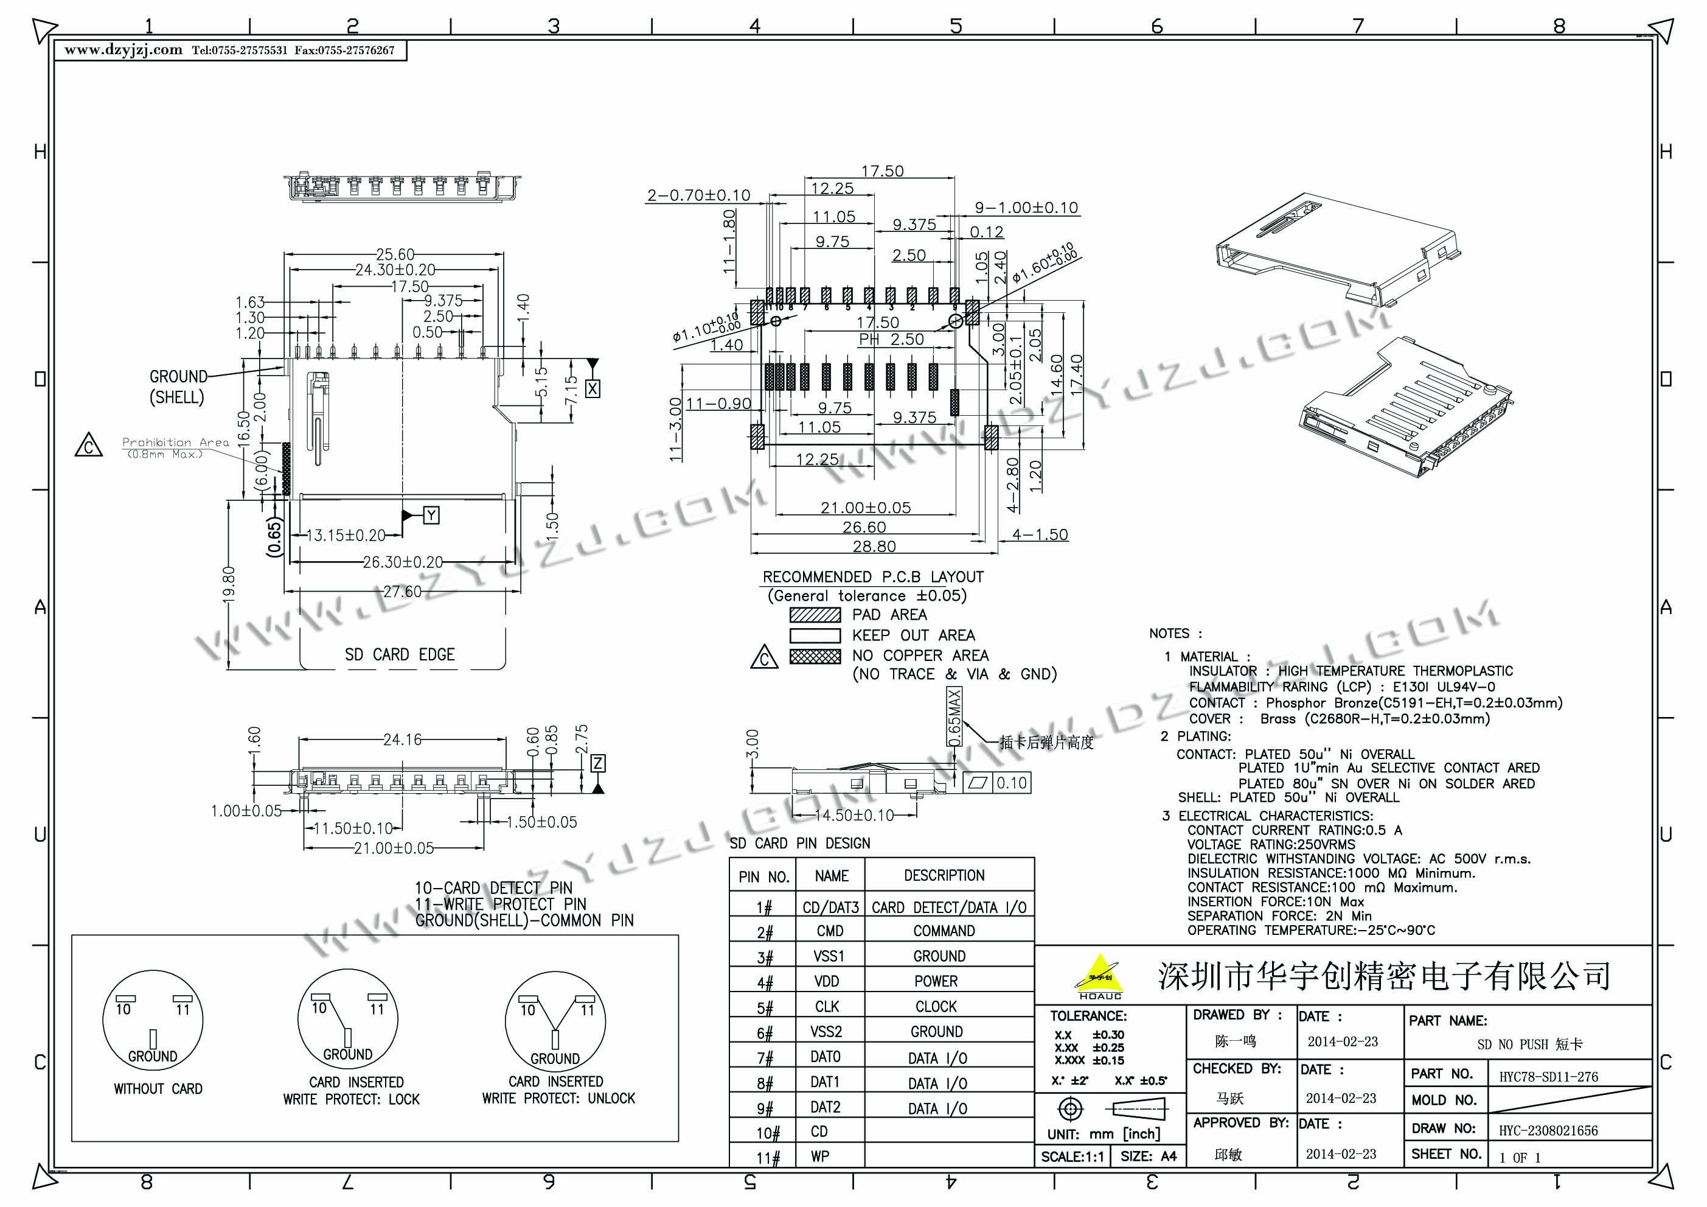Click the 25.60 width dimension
point(395,254)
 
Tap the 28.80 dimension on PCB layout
point(874,547)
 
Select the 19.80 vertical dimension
point(229,584)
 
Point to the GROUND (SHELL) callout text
point(178,387)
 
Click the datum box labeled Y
point(431,516)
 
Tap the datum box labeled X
point(593,388)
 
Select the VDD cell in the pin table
point(827,982)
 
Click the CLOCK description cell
point(936,1007)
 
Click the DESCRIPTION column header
point(944,875)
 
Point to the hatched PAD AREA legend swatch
point(815,615)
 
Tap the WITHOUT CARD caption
point(158,1089)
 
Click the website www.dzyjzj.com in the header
point(123,51)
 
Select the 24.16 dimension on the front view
point(402,739)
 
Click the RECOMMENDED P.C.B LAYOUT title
point(873,577)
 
